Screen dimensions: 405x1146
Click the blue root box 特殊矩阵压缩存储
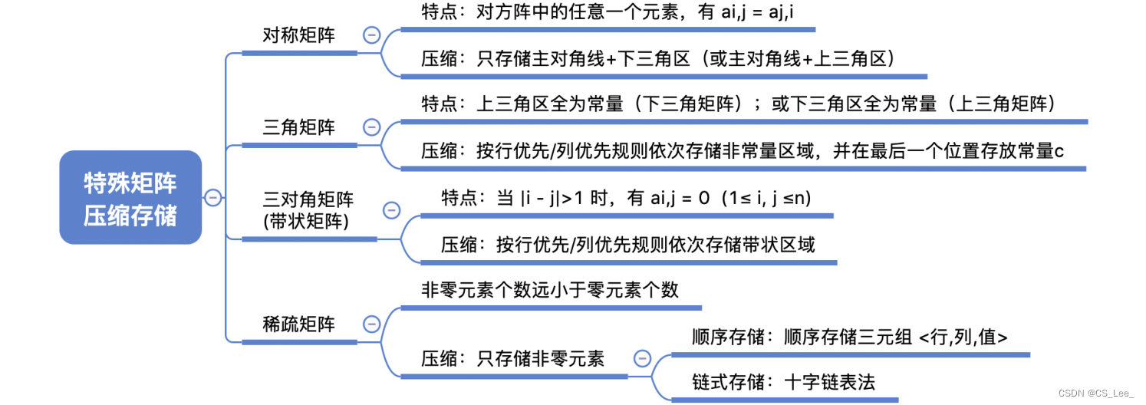point(130,198)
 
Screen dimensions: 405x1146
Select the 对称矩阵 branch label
point(299,35)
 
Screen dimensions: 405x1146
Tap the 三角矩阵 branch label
point(299,127)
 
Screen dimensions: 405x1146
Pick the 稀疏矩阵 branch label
point(299,324)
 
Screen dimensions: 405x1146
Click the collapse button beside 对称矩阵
point(372,35)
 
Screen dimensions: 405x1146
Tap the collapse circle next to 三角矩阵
point(372,127)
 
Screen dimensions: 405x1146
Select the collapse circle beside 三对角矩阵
point(391,209)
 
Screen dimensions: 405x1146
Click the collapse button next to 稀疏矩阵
point(372,324)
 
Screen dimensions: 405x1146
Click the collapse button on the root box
point(213,198)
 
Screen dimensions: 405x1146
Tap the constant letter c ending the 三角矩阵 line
point(1059,151)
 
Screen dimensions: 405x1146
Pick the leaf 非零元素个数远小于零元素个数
point(550,290)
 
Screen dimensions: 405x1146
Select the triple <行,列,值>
point(963,336)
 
